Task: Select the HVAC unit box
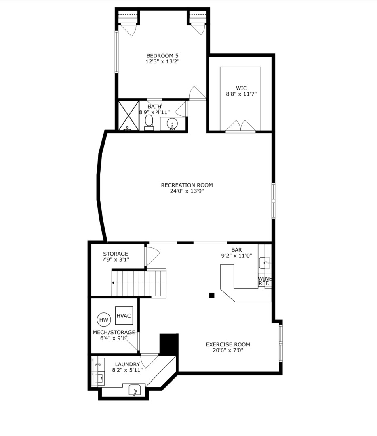(x=124, y=316)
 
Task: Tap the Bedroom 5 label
(x=162, y=55)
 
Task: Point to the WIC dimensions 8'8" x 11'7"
(x=241, y=94)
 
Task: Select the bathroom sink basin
(x=173, y=124)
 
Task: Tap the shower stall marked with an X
(x=128, y=115)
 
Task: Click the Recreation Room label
(x=187, y=185)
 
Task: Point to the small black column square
(x=211, y=295)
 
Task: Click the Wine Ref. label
(x=265, y=281)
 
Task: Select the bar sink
(x=264, y=263)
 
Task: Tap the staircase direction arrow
(x=114, y=283)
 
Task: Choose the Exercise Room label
(x=228, y=344)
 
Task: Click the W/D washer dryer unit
(x=98, y=365)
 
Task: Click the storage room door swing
(x=152, y=255)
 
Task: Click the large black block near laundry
(x=169, y=344)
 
